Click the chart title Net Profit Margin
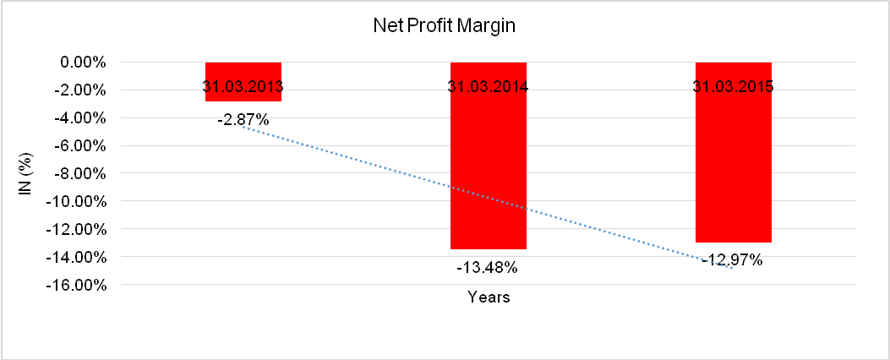pyautogui.click(x=445, y=26)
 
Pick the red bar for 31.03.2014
pyautogui.click(x=489, y=169)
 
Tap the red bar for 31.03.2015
pyautogui.click(x=733, y=169)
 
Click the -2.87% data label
pyautogui.click(x=243, y=120)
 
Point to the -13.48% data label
pyautogui.click(x=488, y=268)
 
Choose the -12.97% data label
pyautogui.click(x=733, y=260)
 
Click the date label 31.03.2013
pyautogui.click(x=243, y=86)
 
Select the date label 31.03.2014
pyautogui.click(x=489, y=86)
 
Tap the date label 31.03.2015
pyautogui.click(x=733, y=86)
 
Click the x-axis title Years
pyautogui.click(x=489, y=297)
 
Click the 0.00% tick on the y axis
pyautogui.click(x=81, y=63)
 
